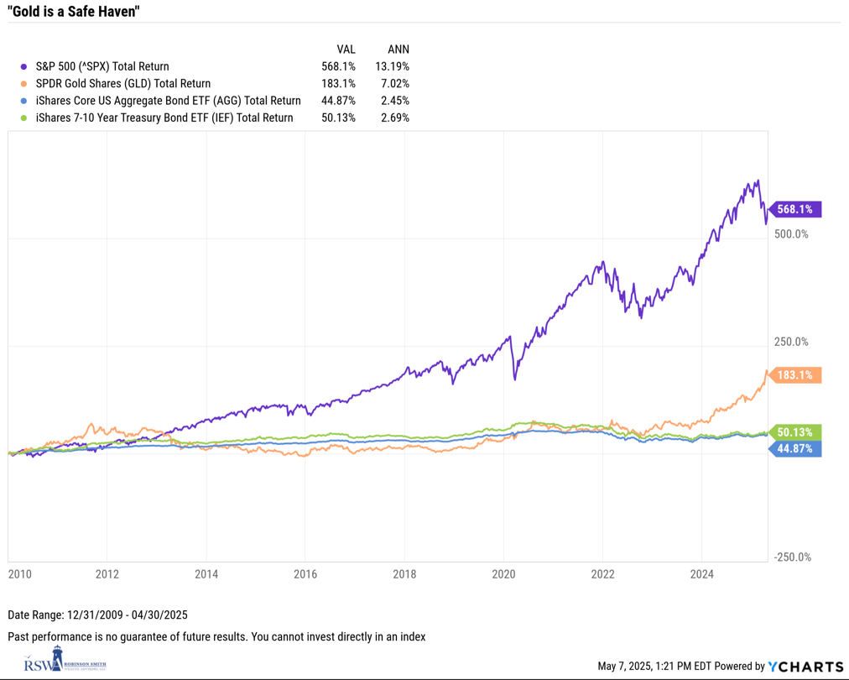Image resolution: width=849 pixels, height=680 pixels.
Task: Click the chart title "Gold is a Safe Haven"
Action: click(x=74, y=12)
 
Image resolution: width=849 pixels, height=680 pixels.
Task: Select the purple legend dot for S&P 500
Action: click(x=25, y=66)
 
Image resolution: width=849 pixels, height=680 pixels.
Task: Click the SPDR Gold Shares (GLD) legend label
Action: click(x=123, y=83)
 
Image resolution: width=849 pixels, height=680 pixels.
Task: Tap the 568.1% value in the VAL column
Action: click(x=338, y=66)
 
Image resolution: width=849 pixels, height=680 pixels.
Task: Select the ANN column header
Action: click(x=398, y=50)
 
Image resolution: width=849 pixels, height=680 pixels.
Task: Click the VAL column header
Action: click(x=346, y=50)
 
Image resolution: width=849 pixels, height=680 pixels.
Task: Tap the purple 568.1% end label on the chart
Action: click(x=795, y=209)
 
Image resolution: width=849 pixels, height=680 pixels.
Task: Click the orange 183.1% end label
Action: click(x=795, y=375)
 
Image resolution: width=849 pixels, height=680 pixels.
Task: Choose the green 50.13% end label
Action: click(x=795, y=432)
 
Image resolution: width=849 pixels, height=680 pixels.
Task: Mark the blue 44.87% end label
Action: click(x=795, y=448)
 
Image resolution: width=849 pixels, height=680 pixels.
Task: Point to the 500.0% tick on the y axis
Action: click(x=790, y=234)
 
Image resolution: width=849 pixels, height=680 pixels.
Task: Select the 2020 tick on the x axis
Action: click(x=503, y=574)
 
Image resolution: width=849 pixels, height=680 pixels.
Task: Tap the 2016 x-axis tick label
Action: click(x=305, y=574)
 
